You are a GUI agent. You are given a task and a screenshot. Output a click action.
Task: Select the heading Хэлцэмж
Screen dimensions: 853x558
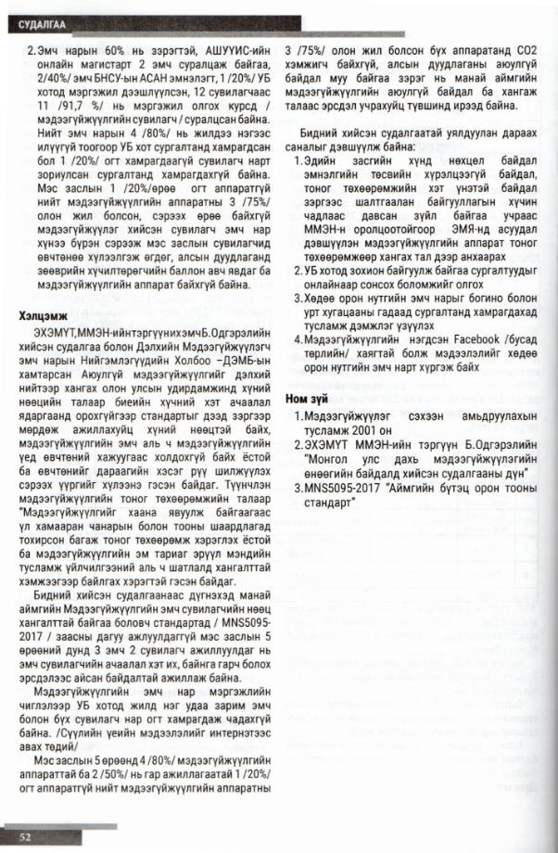pos(46,317)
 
